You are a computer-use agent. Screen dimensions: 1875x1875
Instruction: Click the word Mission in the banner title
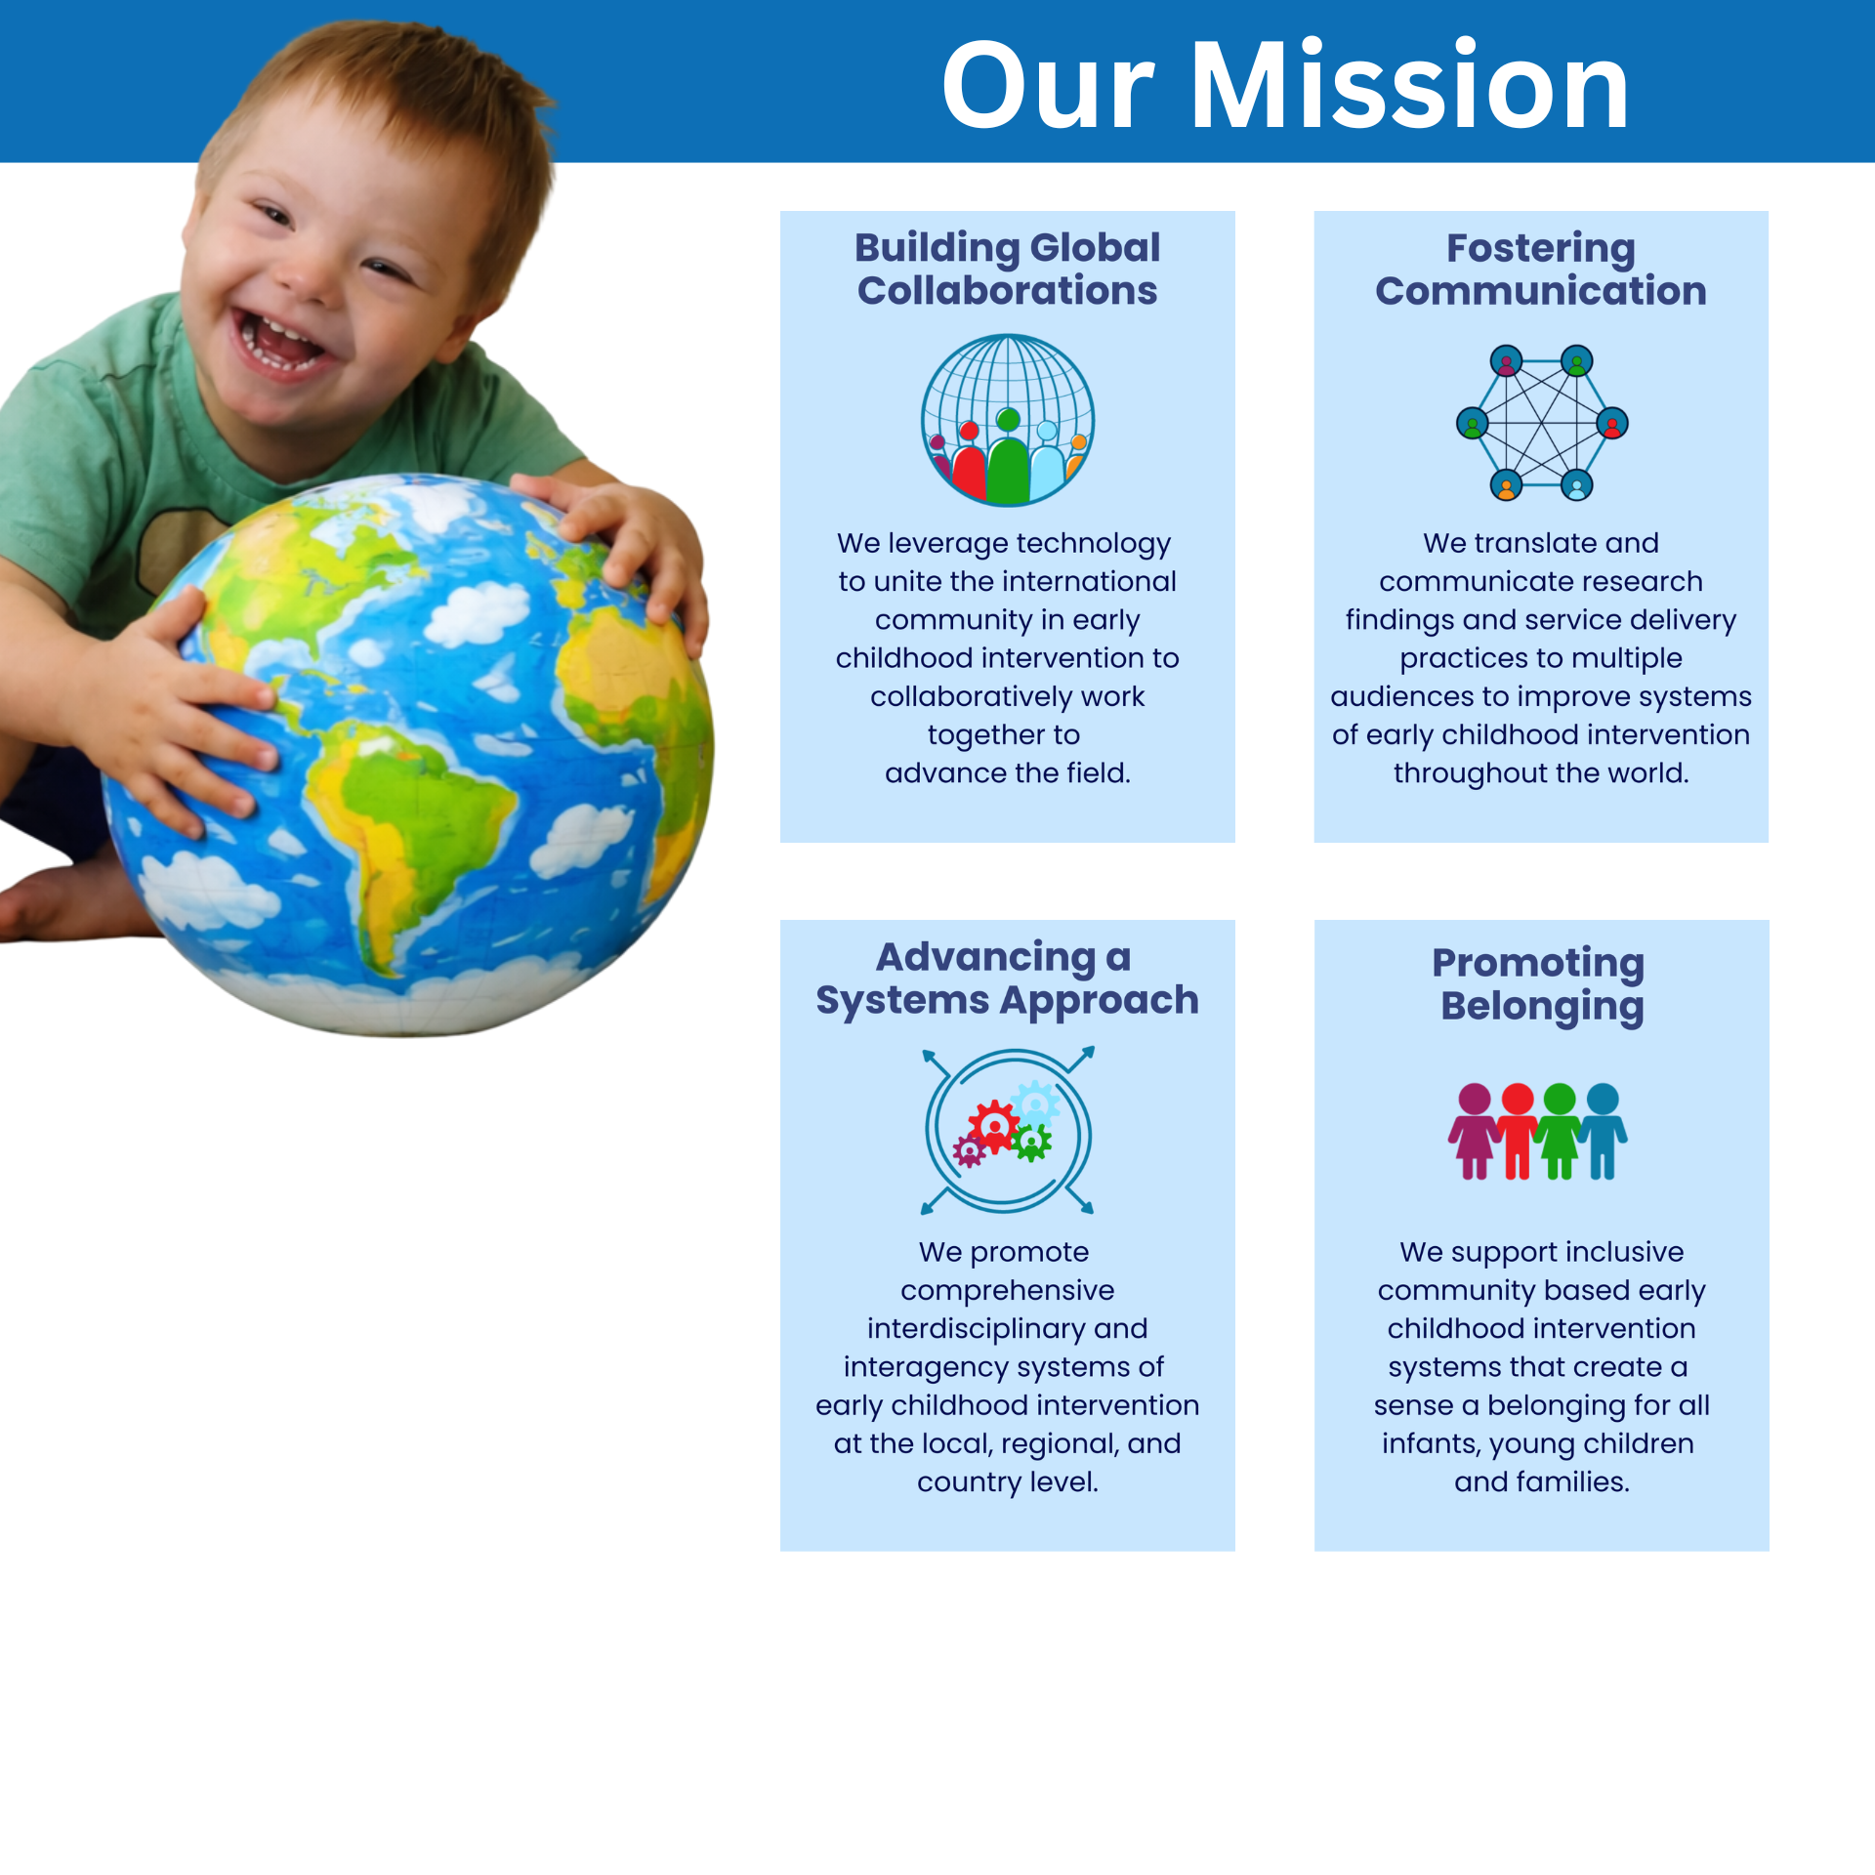click(x=1409, y=85)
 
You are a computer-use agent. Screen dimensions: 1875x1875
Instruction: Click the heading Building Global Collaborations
click(x=1007, y=269)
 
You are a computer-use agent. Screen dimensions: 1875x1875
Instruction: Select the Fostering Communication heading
click(x=1540, y=269)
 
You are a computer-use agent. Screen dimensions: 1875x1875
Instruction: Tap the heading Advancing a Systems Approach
click(x=1007, y=978)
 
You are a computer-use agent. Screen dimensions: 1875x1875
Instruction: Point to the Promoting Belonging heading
click(x=1540, y=983)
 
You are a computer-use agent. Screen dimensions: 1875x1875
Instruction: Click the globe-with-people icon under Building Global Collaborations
click(x=1008, y=420)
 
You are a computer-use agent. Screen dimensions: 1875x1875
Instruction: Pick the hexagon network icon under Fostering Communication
click(x=1542, y=422)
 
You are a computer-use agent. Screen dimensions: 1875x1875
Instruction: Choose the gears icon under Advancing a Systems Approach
click(x=1008, y=1130)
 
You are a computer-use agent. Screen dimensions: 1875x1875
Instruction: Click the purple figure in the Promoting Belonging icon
click(x=1474, y=1131)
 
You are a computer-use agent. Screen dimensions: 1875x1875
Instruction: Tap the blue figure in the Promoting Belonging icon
click(x=1603, y=1131)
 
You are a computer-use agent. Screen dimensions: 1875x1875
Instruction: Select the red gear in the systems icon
click(x=994, y=1126)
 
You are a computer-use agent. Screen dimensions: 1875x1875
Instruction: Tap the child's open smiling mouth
click(x=276, y=341)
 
